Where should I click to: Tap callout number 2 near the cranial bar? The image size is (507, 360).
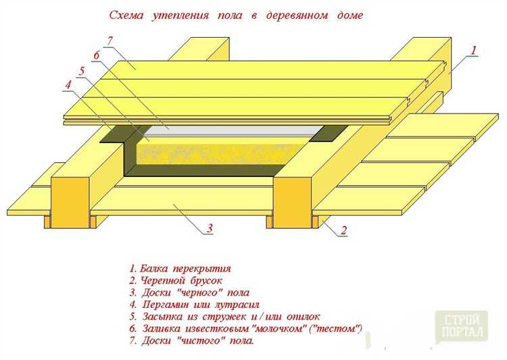coord(343,230)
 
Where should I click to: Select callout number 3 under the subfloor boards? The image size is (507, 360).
coord(210,229)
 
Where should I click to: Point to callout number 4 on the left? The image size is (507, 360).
coord(68,85)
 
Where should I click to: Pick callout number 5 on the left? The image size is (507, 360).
coord(81,71)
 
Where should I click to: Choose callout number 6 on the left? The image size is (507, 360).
coord(96,55)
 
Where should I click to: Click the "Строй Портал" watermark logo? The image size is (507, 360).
coord(462,326)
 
